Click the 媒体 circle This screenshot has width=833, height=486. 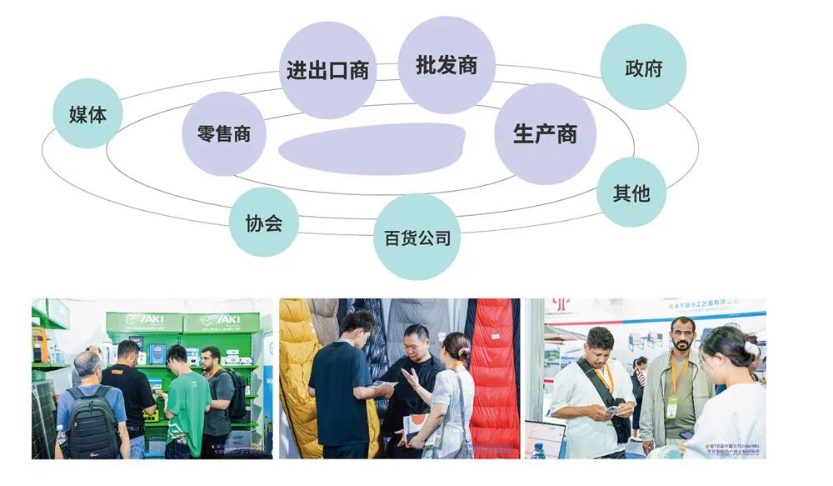[87, 113]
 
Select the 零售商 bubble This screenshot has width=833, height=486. [223, 133]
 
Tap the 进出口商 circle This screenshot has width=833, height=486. [327, 70]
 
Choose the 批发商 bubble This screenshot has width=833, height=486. [446, 65]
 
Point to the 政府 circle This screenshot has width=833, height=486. [643, 67]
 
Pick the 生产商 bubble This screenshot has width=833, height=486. [545, 133]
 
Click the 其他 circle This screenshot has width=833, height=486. [631, 193]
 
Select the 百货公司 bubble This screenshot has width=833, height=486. [416, 238]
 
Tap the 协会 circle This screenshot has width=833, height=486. [263, 222]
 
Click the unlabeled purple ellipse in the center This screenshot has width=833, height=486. [372, 148]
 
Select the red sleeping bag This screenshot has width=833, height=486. [496, 375]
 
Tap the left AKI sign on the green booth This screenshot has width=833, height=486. [143, 321]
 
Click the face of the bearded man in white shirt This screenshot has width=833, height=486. [600, 344]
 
